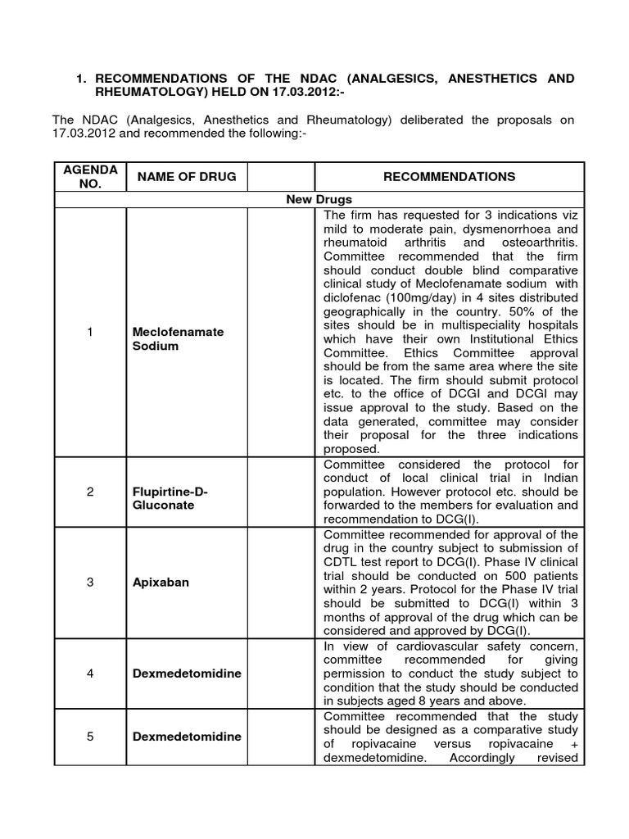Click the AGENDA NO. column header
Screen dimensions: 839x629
91,176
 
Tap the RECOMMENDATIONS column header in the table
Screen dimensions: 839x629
450,176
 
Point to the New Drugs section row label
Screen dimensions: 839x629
319,199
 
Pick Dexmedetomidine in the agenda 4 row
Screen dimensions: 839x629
186,673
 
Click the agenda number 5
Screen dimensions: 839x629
90,736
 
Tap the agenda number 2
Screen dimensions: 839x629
90,492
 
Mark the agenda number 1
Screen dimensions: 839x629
90,332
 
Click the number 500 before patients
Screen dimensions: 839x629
502,574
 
